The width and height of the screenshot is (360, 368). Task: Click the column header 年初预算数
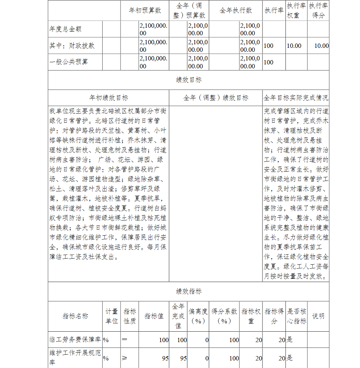coord(145,10)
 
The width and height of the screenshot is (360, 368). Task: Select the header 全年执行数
coord(236,10)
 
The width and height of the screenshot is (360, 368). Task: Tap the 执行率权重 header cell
coord(296,10)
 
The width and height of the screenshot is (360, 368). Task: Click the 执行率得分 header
coord(318,10)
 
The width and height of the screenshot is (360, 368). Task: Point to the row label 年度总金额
coord(66,29)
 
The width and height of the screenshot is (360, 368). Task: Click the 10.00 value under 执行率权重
coord(294,46)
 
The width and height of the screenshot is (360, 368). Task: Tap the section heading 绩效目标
coord(189,80)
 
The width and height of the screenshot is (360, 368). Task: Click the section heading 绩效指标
coord(189,291)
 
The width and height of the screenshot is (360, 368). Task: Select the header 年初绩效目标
coord(108,97)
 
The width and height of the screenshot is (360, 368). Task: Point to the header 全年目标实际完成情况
coord(296,97)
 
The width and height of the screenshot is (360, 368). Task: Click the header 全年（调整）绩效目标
coord(216,97)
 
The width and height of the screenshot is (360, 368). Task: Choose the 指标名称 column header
coord(75,316)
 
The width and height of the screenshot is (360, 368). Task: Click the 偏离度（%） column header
coord(198,316)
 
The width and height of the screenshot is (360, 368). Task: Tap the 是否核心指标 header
coord(296,316)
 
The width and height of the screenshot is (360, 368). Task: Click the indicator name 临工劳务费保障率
coord(75,340)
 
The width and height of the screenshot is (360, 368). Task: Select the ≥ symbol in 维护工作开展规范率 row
coord(125,358)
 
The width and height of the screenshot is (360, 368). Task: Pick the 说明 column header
coord(318,316)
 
